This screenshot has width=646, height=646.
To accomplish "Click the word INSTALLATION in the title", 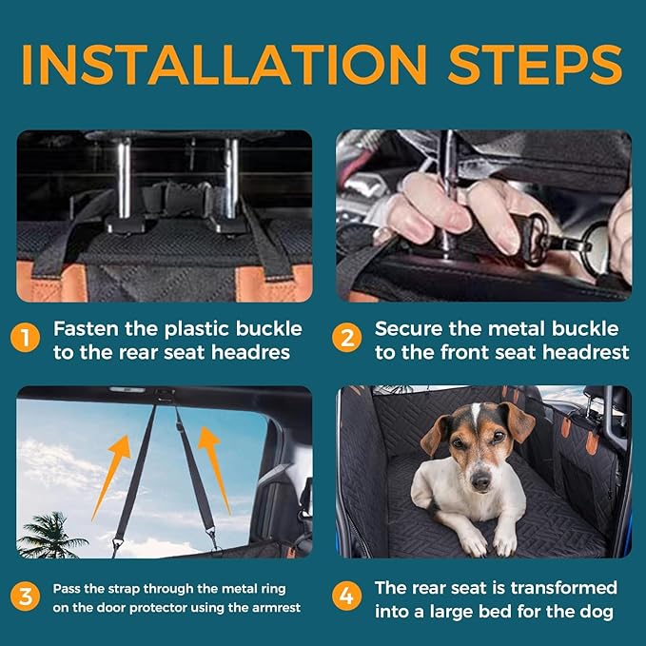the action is pos(225,64).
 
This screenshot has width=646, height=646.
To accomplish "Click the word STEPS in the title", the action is pos(536,64).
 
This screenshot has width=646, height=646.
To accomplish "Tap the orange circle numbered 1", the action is pos(25,338).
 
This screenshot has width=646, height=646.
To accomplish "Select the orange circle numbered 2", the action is pos(347,338).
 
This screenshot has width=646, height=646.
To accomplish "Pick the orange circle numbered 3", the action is pos(25,597).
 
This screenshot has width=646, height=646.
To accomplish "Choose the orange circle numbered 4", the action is pos(347,596).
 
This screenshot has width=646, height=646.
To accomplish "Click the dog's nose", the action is pos(480,481).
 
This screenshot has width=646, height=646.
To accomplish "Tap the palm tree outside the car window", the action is pos(50,536).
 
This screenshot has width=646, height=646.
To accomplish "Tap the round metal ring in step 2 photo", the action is pos(594,245).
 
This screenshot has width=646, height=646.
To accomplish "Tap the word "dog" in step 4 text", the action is pos(597,612).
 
